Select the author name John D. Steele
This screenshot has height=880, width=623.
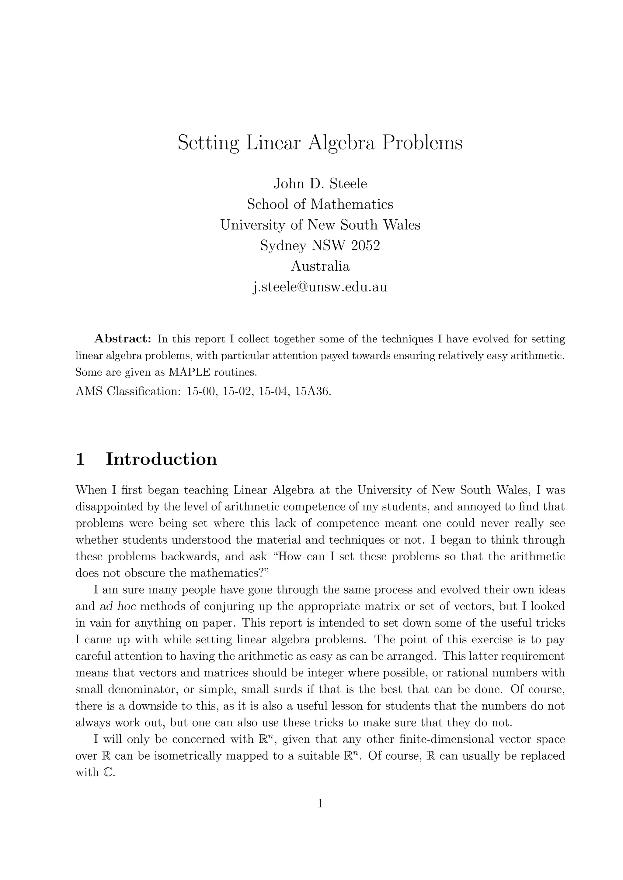(x=320, y=184)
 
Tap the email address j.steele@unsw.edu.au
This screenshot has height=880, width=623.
(x=320, y=286)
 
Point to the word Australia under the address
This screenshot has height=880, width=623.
(x=320, y=266)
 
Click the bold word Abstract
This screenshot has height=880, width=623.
(x=123, y=339)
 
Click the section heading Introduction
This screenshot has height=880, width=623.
(x=161, y=459)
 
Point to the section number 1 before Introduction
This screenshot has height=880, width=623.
(x=80, y=459)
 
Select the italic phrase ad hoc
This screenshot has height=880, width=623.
(x=118, y=606)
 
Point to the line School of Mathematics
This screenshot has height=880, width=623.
(x=320, y=204)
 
